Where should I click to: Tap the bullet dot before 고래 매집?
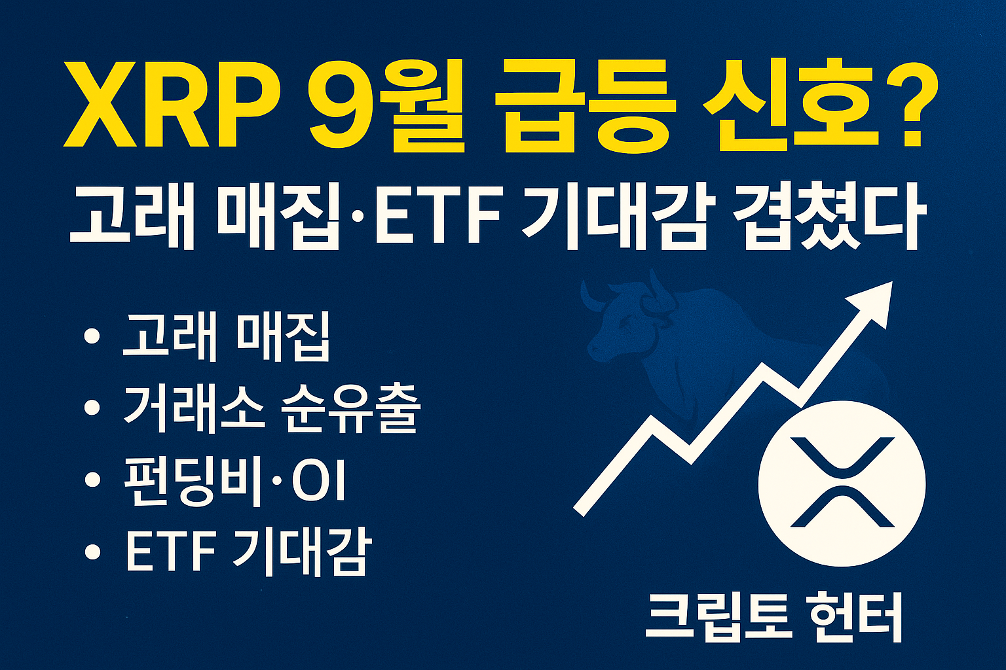click(x=92, y=337)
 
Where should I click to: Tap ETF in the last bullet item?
click(x=170, y=553)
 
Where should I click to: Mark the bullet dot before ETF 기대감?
click(x=92, y=553)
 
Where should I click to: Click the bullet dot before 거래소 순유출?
click(x=92, y=408)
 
